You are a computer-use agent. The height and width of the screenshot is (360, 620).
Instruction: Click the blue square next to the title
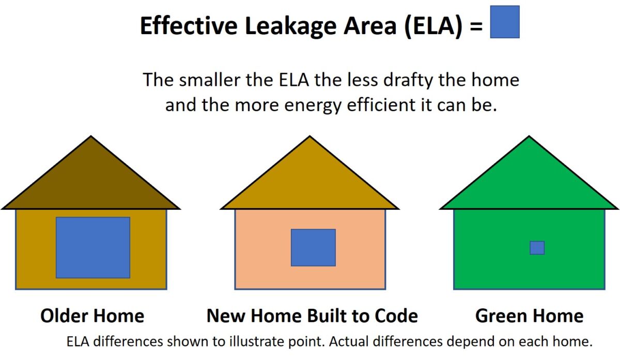pos(504,22)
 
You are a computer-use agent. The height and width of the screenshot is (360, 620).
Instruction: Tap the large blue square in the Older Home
pos(93,247)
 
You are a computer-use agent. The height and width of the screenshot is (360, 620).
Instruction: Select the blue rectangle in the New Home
pos(313,247)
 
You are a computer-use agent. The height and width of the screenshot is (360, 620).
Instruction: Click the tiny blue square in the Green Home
pos(537,248)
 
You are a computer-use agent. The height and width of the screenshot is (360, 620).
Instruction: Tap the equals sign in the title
pos(476,27)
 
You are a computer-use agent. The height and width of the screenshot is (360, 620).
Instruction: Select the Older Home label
pos(92,316)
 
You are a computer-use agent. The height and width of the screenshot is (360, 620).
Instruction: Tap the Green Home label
pos(529,316)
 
